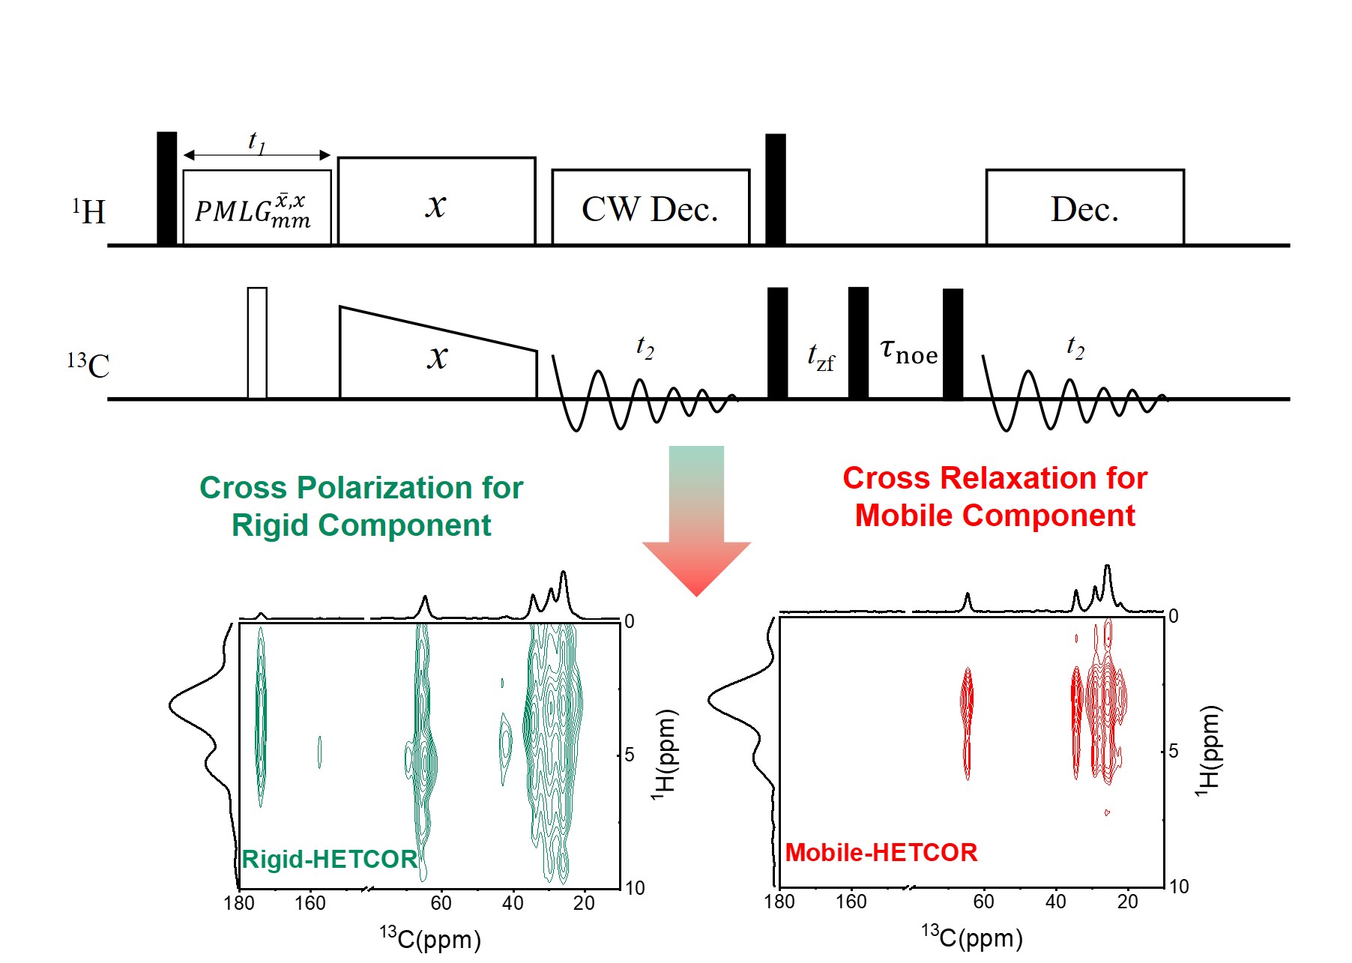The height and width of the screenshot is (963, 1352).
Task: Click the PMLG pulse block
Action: tap(256, 208)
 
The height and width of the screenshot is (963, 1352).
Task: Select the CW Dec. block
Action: tap(650, 208)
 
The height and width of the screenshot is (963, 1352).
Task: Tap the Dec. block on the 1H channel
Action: tap(1084, 208)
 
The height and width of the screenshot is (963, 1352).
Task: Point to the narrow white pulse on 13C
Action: tap(257, 342)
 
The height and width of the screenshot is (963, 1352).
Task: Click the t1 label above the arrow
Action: tap(257, 141)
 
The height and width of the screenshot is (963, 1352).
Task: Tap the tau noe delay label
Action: tap(908, 351)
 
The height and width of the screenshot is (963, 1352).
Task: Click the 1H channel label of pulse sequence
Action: tap(89, 212)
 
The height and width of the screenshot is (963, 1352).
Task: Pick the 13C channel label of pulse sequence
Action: tap(88, 365)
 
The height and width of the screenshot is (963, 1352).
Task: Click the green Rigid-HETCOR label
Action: tap(329, 859)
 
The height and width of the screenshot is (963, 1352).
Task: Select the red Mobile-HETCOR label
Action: tap(881, 852)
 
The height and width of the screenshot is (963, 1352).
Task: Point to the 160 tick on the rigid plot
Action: tap(310, 903)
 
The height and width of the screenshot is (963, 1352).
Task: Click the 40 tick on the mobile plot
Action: tap(1055, 902)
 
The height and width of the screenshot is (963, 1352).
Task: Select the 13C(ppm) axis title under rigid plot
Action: tap(430, 938)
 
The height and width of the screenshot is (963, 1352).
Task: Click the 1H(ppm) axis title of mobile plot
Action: tap(1208, 750)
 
